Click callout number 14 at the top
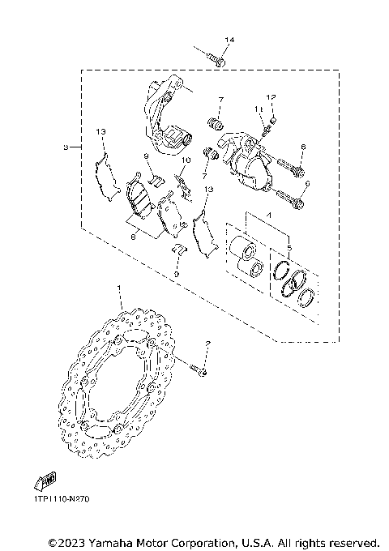(229, 40)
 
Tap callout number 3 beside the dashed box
(65, 147)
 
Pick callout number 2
(207, 344)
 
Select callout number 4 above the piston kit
(259, 214)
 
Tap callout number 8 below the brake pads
(134, 237)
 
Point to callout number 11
(256, 109)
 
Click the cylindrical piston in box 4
(241, 249)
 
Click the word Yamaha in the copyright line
(114, 540)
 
